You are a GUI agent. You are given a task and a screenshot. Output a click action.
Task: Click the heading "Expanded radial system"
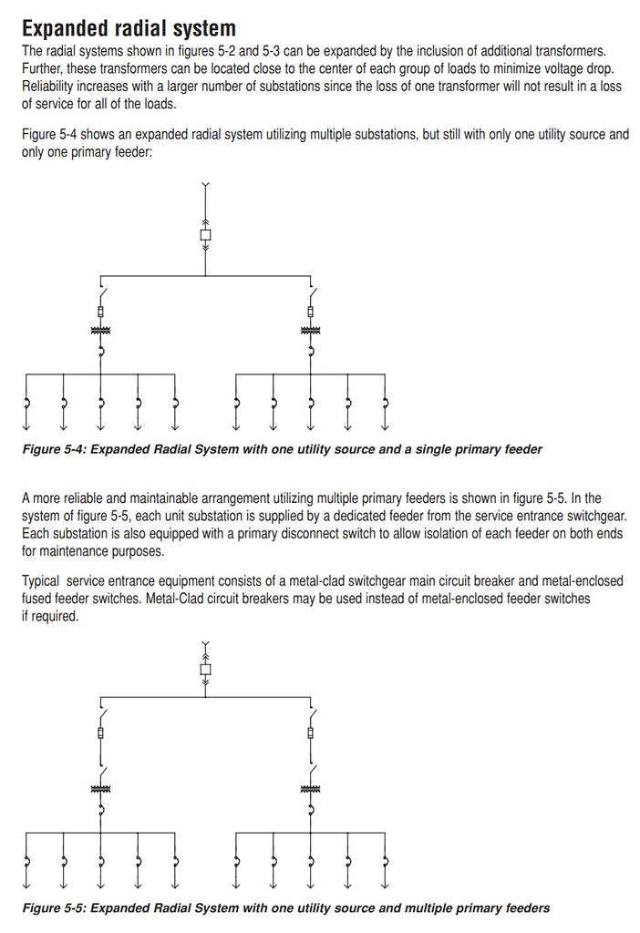point(129,28)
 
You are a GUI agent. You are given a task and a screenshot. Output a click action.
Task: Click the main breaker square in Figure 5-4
point(205,236)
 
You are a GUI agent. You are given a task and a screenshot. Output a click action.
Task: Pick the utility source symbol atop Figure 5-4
point(205,188)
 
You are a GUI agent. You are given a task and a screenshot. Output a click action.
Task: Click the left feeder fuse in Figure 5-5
point(99,733)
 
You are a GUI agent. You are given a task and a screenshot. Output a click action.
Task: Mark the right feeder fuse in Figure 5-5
point(312,733)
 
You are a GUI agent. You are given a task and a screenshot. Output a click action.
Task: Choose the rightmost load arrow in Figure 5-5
point(387,884)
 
